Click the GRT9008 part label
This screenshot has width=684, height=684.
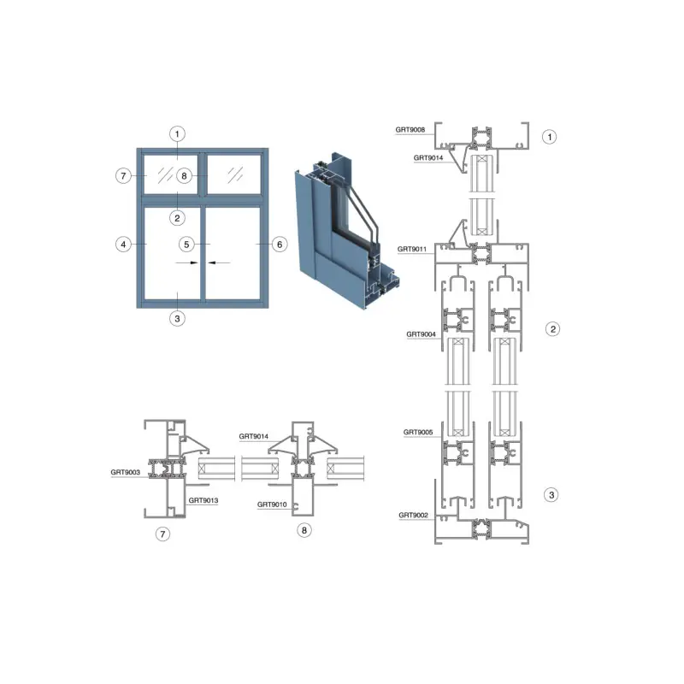pos(410,130)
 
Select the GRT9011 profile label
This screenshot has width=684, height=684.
pos(412,249)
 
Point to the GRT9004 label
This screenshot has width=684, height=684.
pos(421,334)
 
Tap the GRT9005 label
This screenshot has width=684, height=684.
pos(418,433)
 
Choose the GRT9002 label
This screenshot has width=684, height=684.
pos(414,516)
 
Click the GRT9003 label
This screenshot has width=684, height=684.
pos(125,472)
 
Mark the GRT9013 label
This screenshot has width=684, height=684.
pos(203,500)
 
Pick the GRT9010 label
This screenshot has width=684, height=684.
pos(272,504)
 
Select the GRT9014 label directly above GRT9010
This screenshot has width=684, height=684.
pos(253,436)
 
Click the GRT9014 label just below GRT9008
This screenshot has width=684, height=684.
pos(428,158)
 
